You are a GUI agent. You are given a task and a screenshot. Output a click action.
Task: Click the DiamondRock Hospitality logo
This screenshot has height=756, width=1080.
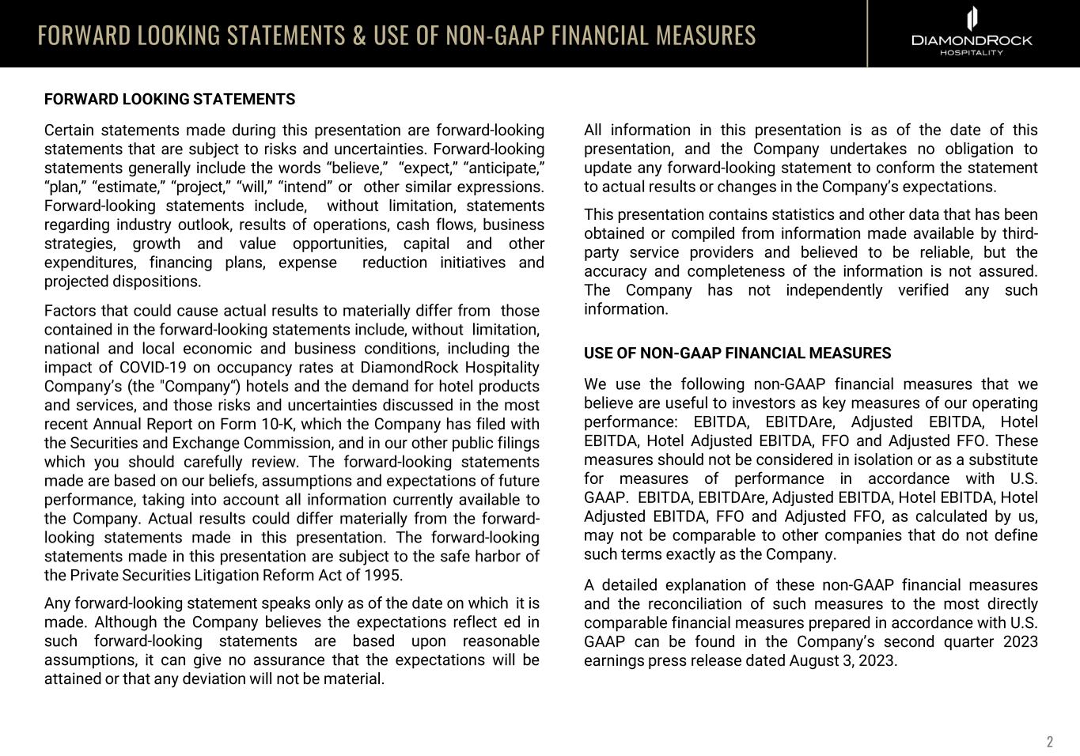[x=972, y=32]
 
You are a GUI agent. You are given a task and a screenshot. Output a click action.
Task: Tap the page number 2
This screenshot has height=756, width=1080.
[x=1050, y=742]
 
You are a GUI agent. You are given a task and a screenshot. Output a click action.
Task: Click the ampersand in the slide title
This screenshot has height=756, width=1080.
[x=359, y=36]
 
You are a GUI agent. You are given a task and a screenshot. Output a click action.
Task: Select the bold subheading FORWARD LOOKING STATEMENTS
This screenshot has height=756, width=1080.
[x=169, y=100]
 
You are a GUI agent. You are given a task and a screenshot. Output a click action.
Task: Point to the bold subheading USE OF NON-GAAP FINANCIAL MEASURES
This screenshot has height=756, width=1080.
[x=737, y=353]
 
